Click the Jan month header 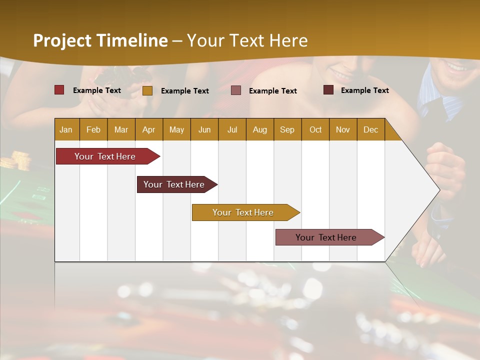point(66,130)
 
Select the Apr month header point(148,130)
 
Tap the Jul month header point(232,130)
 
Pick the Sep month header point(287,130)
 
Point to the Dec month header point(370,130)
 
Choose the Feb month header point(93,130)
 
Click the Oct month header point(315,130)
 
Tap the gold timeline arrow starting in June point(243,212)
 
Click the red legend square point(59,90)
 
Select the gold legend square point(147,90)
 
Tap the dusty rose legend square point(236,90)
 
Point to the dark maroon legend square point(328,90)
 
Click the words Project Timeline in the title point(100,40)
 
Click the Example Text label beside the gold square point(185,91)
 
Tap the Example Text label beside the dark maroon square point(365,90)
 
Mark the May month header point(176,130)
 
